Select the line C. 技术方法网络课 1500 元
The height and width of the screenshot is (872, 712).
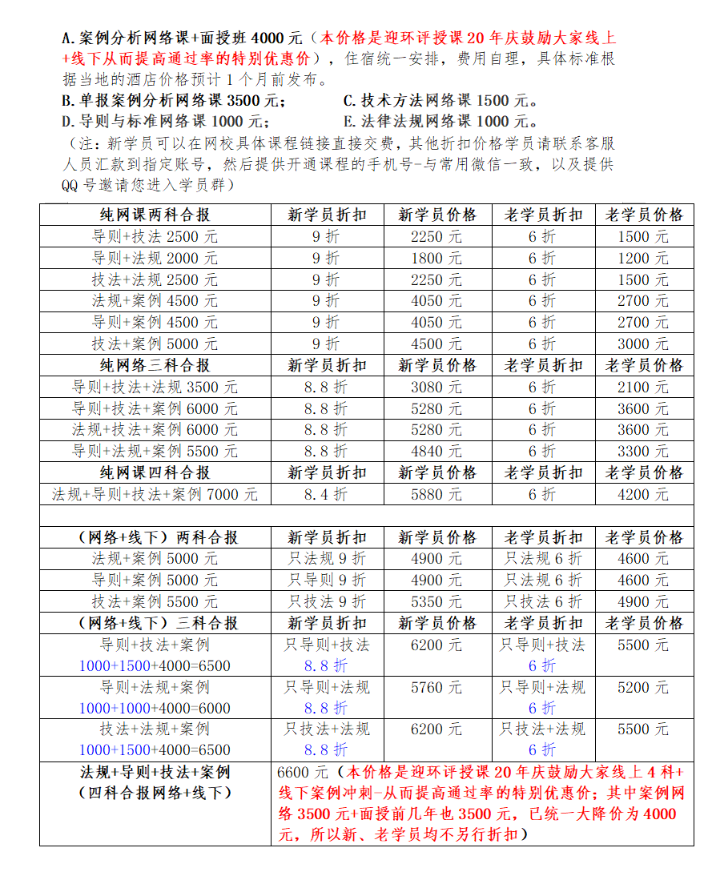pos(440,101)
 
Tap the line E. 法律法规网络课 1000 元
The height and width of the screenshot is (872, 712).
pos(440,122)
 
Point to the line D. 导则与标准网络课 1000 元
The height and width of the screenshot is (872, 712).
pos(165,122)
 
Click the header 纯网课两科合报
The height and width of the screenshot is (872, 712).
pos(155,215)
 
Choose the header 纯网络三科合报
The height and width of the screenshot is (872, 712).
pos(155,365)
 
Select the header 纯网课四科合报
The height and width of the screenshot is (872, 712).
pos(155,472)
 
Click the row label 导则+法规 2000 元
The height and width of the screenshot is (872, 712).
pos(155,258)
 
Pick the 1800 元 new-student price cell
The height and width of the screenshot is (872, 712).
pos(436,258)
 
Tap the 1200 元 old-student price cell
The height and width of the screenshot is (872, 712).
pos(644,258)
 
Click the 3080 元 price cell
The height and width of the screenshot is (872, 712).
pos(436,387)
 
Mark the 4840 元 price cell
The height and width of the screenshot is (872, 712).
pos(436,451)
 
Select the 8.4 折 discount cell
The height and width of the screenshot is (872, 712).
pos(326,494)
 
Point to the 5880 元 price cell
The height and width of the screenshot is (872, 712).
pos(436,494)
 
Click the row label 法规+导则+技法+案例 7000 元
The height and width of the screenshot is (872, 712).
pos(155,494)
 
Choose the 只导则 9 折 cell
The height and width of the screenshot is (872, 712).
pos(326,580)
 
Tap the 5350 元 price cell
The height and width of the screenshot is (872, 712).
pos(436,601)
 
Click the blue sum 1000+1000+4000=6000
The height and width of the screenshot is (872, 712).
pos(155,708)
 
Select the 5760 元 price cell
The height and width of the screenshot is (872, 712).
pos(436,687)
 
